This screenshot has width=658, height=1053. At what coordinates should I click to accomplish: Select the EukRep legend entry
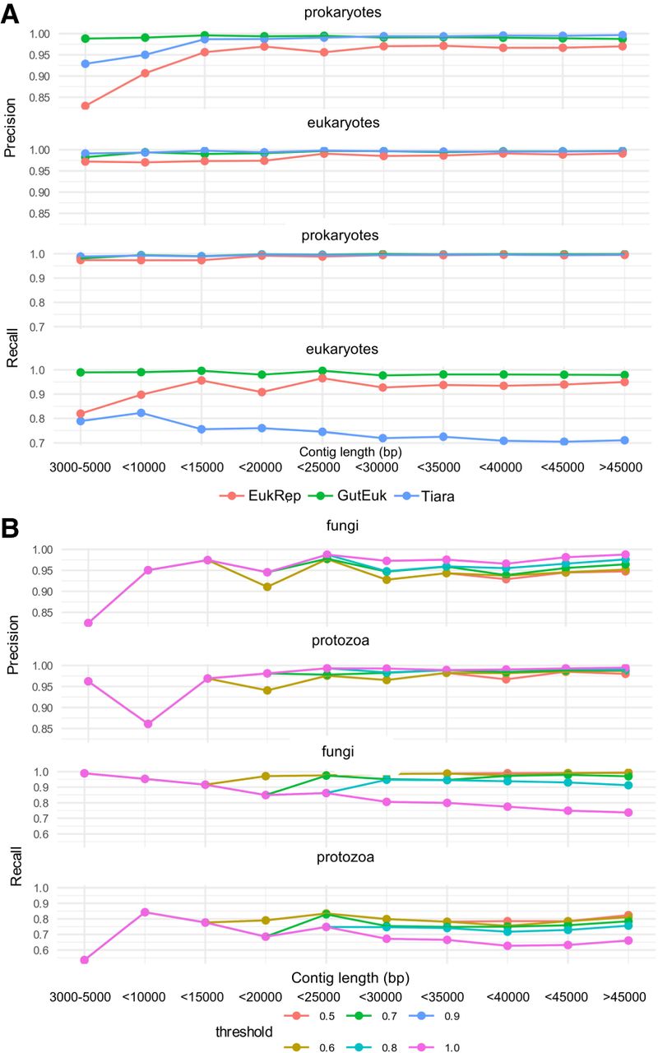257,496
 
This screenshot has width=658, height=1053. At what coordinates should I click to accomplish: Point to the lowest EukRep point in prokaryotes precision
86,105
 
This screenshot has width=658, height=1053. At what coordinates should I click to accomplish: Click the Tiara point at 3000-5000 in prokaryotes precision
86,64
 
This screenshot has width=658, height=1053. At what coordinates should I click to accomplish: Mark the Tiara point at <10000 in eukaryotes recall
146,413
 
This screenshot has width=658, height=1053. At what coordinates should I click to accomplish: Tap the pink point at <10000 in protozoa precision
148,724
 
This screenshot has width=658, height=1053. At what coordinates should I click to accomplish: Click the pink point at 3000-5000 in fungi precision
87,623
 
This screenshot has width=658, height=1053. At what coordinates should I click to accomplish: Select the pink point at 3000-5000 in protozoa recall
85,960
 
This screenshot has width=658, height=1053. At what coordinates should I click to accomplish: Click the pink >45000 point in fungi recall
628,813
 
